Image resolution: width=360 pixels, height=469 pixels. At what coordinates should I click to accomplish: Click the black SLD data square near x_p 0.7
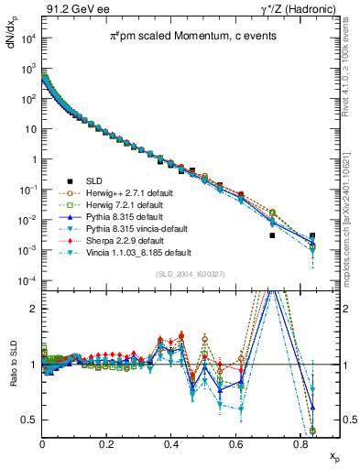point(272,235)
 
